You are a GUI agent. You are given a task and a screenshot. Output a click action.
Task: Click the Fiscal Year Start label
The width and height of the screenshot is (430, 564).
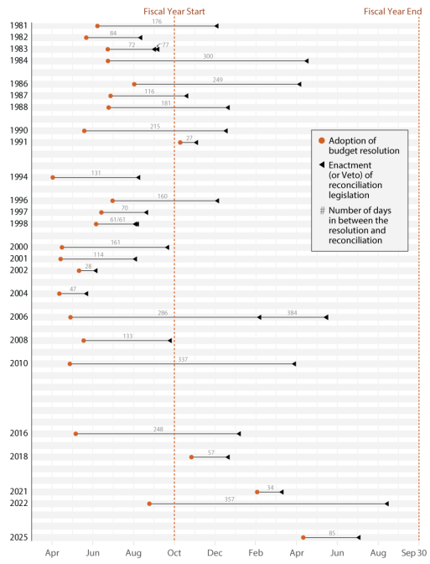[x=174, y=11]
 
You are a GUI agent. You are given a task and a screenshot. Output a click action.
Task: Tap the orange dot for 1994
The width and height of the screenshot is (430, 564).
[x=53, y=177]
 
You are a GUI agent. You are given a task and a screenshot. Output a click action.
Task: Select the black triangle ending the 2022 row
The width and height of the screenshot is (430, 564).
[x=386, y=504]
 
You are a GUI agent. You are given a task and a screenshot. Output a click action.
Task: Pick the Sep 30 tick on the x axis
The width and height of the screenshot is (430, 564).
[x=413, y=553]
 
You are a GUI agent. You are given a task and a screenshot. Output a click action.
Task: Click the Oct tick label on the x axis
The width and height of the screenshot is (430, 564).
[x=174, y=553]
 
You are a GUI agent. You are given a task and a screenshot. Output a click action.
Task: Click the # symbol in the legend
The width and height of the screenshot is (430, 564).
[x=321, y=211]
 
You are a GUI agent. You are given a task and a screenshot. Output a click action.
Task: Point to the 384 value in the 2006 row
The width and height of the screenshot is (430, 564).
[x=292, y=312]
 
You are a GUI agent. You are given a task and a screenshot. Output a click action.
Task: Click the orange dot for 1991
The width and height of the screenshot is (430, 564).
[x=180, y=143]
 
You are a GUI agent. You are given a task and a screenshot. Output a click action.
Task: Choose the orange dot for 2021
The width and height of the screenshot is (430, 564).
[x=257, y=492]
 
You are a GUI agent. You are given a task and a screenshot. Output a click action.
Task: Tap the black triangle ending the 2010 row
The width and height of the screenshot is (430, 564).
[x=293, y=364]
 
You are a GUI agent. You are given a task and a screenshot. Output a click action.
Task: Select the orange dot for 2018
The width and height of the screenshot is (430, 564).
[x=191, y=457]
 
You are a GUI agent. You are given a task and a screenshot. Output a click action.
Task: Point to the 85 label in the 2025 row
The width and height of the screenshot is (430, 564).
[x=332, y=532]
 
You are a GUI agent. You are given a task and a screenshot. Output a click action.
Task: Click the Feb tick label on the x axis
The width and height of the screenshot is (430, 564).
[x=256, y=553]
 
